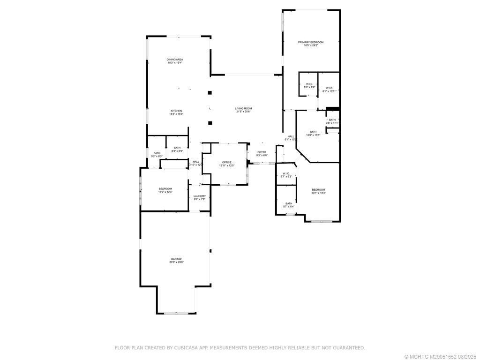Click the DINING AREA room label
tap(175, 60)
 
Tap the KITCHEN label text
tap(176, 111)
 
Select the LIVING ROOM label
tap(243, 109)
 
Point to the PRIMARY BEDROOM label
tap(311, 42)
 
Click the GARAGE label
tap(176, 259)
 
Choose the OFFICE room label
tap(227, 162)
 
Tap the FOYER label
tap(262, 152)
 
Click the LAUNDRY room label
tap(200, 196)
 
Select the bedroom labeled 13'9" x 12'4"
tap(165, 188)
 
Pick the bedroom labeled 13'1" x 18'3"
tap(318, 189)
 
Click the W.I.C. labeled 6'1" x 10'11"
tap(329, 88)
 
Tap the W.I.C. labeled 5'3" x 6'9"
tap(309, 84)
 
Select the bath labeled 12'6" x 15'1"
tap(313, 132)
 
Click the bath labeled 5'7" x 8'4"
tap(289, 203)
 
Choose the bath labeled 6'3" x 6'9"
tap(177, 148)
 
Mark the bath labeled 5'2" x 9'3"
tap(157, 153)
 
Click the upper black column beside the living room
tap(210, 93)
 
